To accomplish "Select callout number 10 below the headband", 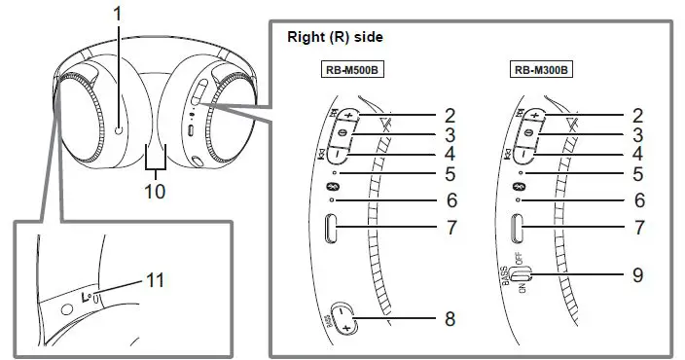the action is coord(153,191).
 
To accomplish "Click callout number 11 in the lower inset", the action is coord(154,280).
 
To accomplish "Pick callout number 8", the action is coord(451,318).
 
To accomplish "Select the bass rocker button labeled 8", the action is coord(347,317).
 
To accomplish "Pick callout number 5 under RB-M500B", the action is coord(451,175).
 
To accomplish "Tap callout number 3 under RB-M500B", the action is coord(451,134).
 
